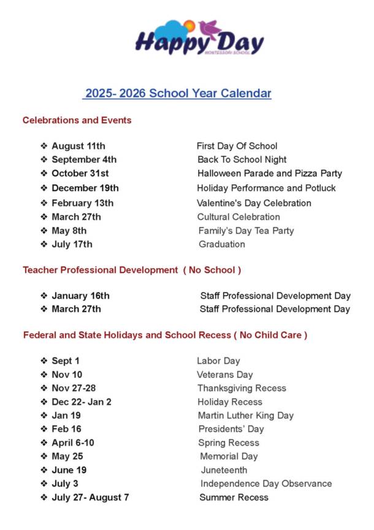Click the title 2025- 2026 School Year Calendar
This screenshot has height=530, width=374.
[x=177, y=93]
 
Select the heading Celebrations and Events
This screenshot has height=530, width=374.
[x=77, y=120]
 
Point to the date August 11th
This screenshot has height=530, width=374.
[x=78, y=146]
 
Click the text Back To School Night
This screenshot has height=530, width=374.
[x=242, y=159]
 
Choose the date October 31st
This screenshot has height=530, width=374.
[x=80, y=173]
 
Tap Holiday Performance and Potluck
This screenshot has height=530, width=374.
[x=266, y=188]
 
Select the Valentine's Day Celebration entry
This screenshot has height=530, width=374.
[x=254, y=203]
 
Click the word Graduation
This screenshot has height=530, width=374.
[x=221, y=244]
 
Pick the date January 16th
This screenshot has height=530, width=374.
[x=80, y=296]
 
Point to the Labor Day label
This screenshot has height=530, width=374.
[x=218, y=361]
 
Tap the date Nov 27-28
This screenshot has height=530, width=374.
[x=74, y=388]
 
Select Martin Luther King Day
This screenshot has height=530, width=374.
[x=245, y=415]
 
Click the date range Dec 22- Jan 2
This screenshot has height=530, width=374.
[x=82, y=402]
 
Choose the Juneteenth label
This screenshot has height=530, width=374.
[x=224, y=470]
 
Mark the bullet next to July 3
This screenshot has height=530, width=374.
[x=44, y=483]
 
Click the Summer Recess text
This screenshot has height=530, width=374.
[x=234, y=497]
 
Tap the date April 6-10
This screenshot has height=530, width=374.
[x=73, y=442]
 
